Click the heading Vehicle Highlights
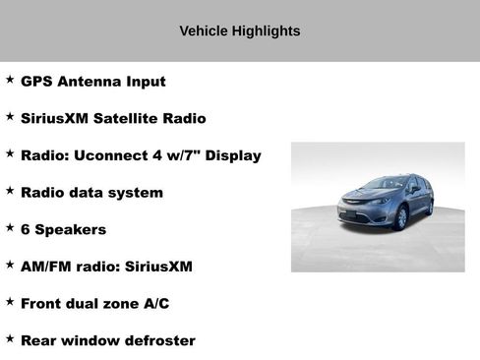pyautogui.click(x=240, y=31)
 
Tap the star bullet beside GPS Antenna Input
pyautogui.click(x=10, y=80)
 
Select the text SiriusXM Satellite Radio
pyautogui.click(x=113, y=119)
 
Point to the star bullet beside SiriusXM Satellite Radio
pyautogui.click(x=10, y=117)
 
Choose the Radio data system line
pyautogui.click(x=91, y=193)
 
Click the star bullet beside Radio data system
pyautogui.click(x=10, y=191)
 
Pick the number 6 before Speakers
pyautogui.click(x=26, y=229)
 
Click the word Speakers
pyautogui.click(x=70, y=229)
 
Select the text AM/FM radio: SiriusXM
pyautogui.click(x=106, y=267)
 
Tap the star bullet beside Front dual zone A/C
pyautogui.click(x=10, y=302)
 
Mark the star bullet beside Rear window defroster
pyautogui.click(x=10, y=338)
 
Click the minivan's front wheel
pyautogui.click(x=400, y=218)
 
